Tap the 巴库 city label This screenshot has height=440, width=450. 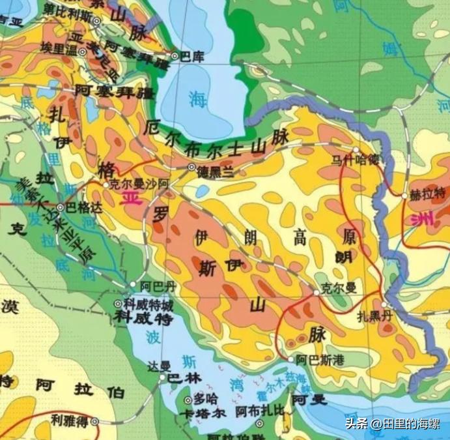(x=191, y=56)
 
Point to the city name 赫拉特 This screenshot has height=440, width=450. (x=426, y=194)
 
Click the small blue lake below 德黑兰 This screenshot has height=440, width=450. (x=203, y=191)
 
